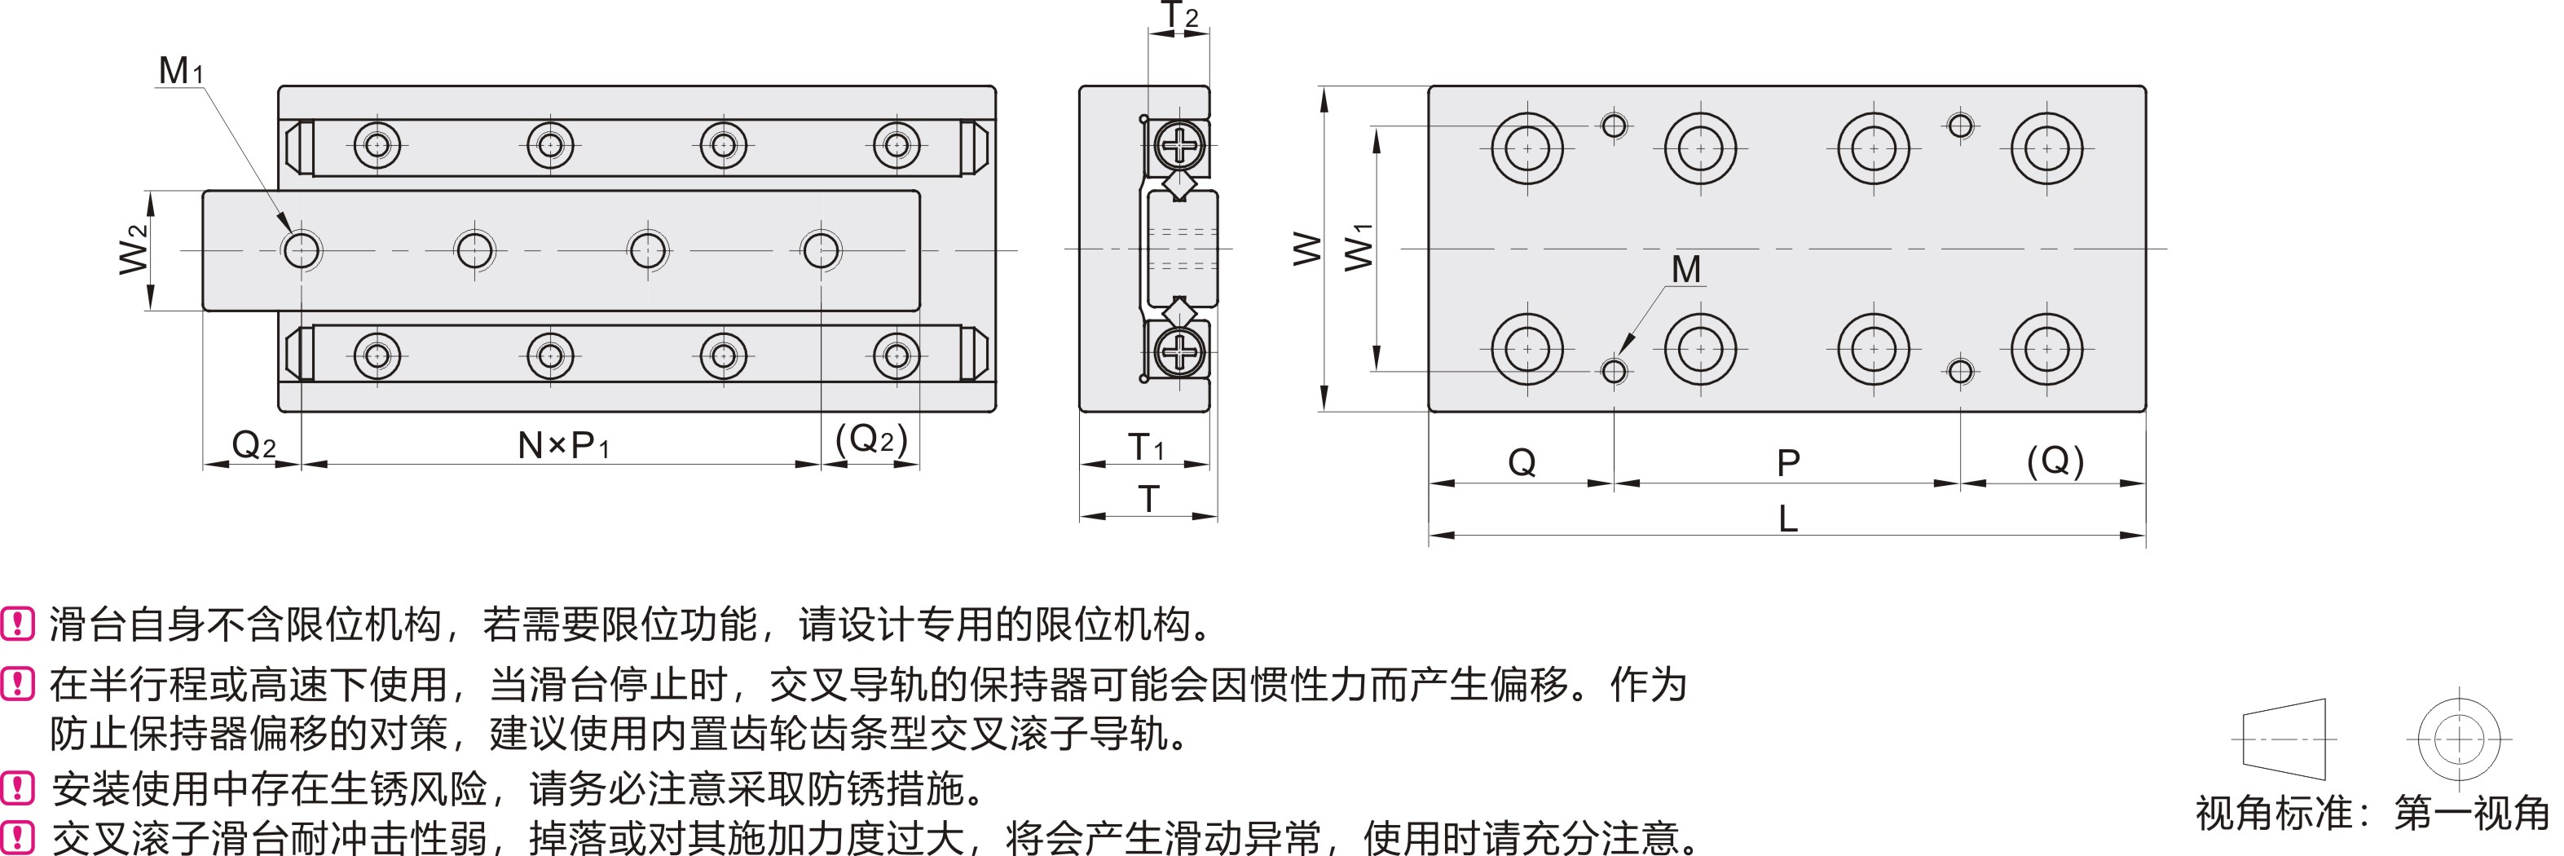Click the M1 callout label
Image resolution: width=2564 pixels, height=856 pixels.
180,71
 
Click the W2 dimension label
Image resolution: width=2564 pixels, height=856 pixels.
134,249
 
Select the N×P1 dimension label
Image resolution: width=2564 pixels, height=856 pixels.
562,445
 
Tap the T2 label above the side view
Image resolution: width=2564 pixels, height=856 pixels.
1180,16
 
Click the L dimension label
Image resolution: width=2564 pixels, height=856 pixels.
1787,518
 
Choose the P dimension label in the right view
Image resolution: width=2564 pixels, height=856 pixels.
1787,463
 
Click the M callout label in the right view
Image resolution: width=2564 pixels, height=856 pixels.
1686,269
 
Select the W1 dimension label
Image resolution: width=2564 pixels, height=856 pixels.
1359,248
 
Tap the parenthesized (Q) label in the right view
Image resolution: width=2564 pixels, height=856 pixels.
2055,461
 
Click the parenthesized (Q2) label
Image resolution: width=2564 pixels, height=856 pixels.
871,439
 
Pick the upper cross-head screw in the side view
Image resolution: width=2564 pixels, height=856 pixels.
1180,146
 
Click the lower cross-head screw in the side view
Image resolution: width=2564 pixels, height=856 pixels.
1180,351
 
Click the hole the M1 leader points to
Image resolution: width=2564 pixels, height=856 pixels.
302,249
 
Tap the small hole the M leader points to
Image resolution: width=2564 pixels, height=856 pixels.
1614,371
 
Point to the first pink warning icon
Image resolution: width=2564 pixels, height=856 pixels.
18,624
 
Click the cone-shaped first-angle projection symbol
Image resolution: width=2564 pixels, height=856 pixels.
2284,739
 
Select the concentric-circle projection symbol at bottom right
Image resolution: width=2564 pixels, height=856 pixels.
2459,739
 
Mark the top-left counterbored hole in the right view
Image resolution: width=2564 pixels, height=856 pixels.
1527,148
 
